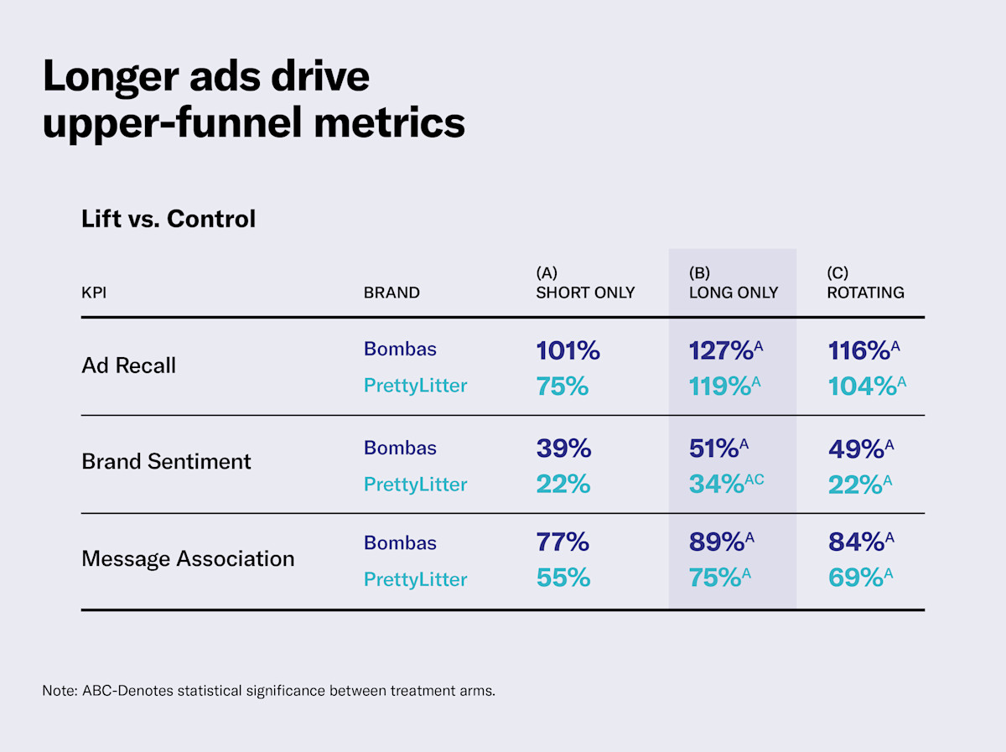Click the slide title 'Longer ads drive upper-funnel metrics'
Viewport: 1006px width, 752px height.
(x=253, y=99)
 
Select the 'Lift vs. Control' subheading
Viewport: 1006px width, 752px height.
(x=168, y=219)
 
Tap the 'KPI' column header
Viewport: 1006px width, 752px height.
(x=94, y=293)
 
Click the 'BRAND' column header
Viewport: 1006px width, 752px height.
(x=392, y=293)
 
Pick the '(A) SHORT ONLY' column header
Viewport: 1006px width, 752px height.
(x=585, y=283)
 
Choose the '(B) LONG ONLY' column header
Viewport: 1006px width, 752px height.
(x=733, y=283)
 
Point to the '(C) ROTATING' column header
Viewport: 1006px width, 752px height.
(x=865, y=283)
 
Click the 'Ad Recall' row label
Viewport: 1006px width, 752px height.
(x=128, y=366)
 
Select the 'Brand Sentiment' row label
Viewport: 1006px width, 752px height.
(x=166, y=461)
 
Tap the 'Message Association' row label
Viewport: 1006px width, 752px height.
(x=188, y=558)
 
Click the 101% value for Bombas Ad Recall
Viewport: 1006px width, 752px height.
(x=568, y=350)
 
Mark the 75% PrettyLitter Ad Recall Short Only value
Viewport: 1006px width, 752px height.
(x=563, y=386)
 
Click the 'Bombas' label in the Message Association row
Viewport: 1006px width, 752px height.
(x=400, y=543)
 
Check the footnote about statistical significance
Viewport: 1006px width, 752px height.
(x=268, y=692)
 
